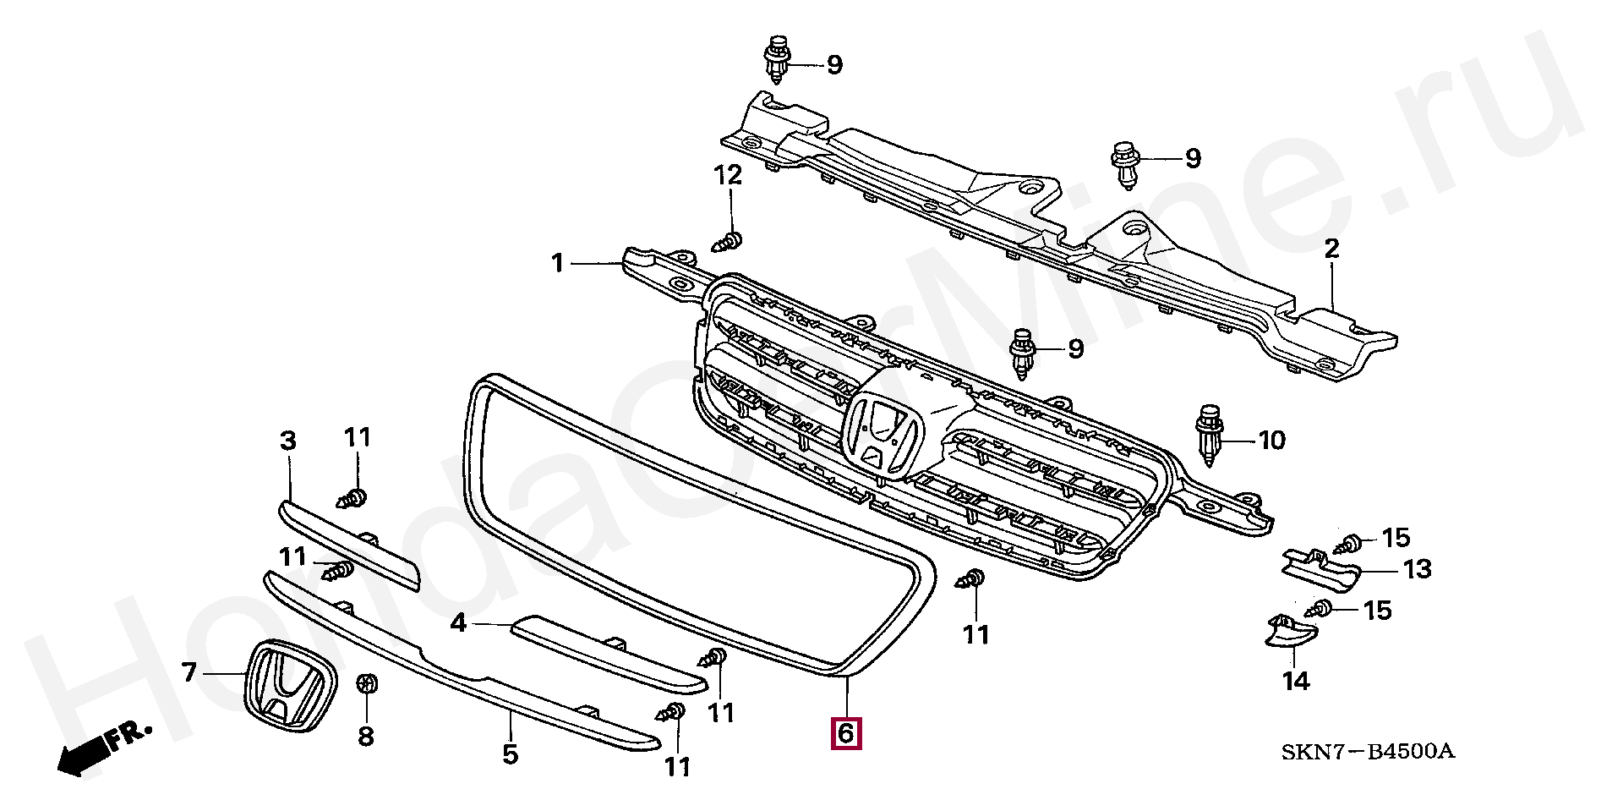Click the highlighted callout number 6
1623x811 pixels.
coord(846,732)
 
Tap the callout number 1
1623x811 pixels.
coord(557,264)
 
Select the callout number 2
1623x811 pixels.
coord(1331,249)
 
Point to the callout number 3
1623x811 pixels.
coord(288,441)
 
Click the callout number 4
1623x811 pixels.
coord(458,624)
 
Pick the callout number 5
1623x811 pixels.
coord(510,753)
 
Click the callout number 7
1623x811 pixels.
coord(189,673)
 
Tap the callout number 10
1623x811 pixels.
coord(1271,440)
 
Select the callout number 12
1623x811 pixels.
coord(728,175)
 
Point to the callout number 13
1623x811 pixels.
coord(1417,569)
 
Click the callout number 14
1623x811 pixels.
coord(1296,681)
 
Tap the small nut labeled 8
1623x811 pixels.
coord(367,684)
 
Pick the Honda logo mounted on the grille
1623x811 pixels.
coord(882,432)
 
